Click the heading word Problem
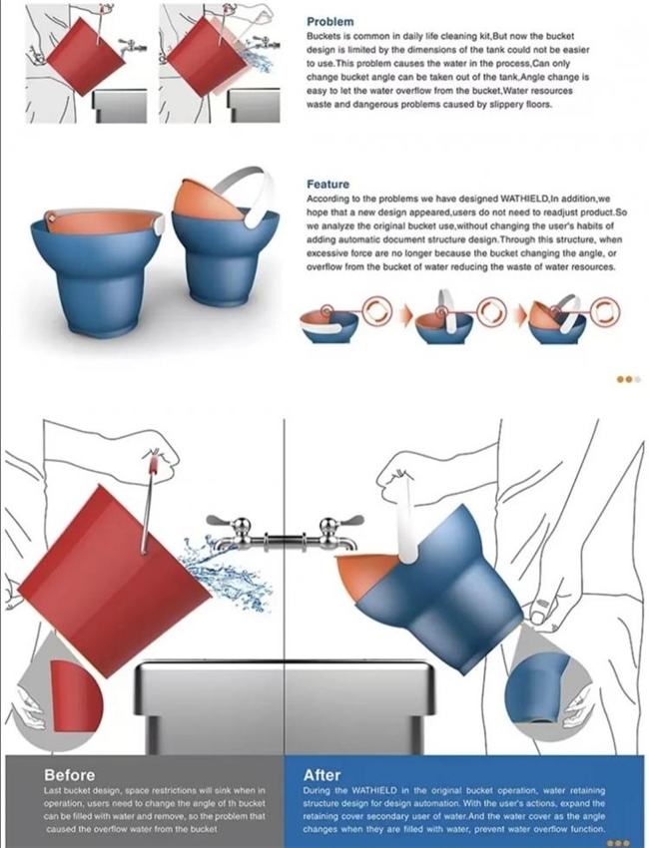point(329,22)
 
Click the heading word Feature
point(328,185)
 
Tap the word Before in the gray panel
point(69,775)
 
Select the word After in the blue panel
point(322,775)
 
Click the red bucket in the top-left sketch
point(86,57)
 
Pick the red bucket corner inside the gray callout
point(76,697)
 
